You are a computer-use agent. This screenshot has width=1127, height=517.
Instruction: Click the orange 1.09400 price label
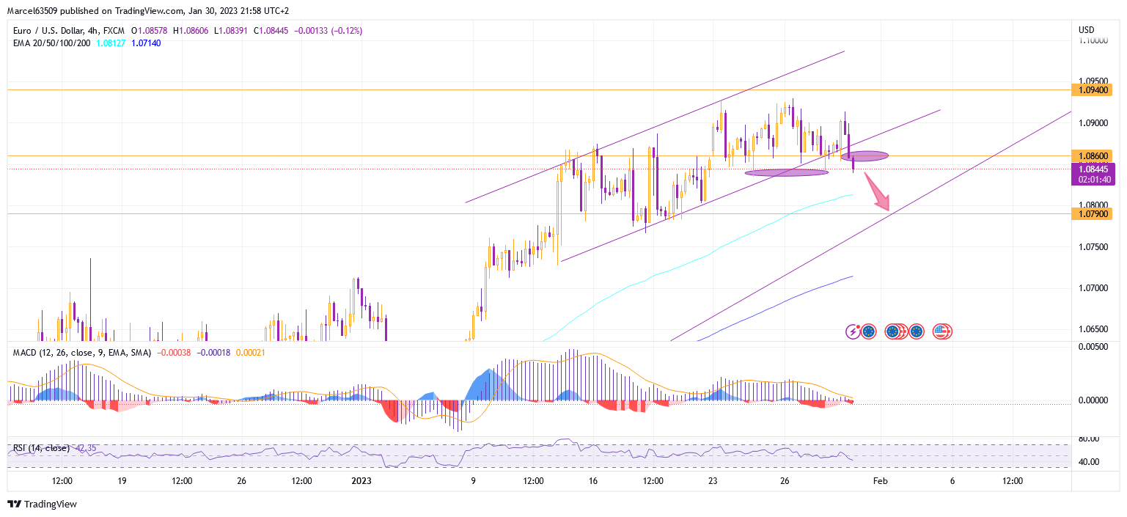[1092, 90]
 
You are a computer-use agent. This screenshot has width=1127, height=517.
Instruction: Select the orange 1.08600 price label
[1092, 155]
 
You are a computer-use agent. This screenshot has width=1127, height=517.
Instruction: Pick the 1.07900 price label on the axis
[1092, 214]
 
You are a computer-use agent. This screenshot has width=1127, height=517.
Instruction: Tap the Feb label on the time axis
[880, 482]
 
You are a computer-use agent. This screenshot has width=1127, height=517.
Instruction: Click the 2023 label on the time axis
[361, 482]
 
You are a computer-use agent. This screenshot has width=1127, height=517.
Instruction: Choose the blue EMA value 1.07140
[146, 43]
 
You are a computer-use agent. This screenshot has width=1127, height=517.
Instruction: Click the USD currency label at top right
[1086, 30]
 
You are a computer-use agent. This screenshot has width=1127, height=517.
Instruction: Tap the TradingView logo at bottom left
[42, 504]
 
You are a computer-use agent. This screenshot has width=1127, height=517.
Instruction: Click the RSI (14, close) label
[41, 448]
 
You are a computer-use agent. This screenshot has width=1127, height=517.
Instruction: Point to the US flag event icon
[941, 331]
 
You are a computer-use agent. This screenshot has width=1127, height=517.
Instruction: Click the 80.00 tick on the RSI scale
[1089, 439]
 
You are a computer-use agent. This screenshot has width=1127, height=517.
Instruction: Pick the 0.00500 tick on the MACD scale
[1093, 346]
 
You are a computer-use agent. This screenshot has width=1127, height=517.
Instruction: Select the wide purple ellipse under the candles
[786, 173]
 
